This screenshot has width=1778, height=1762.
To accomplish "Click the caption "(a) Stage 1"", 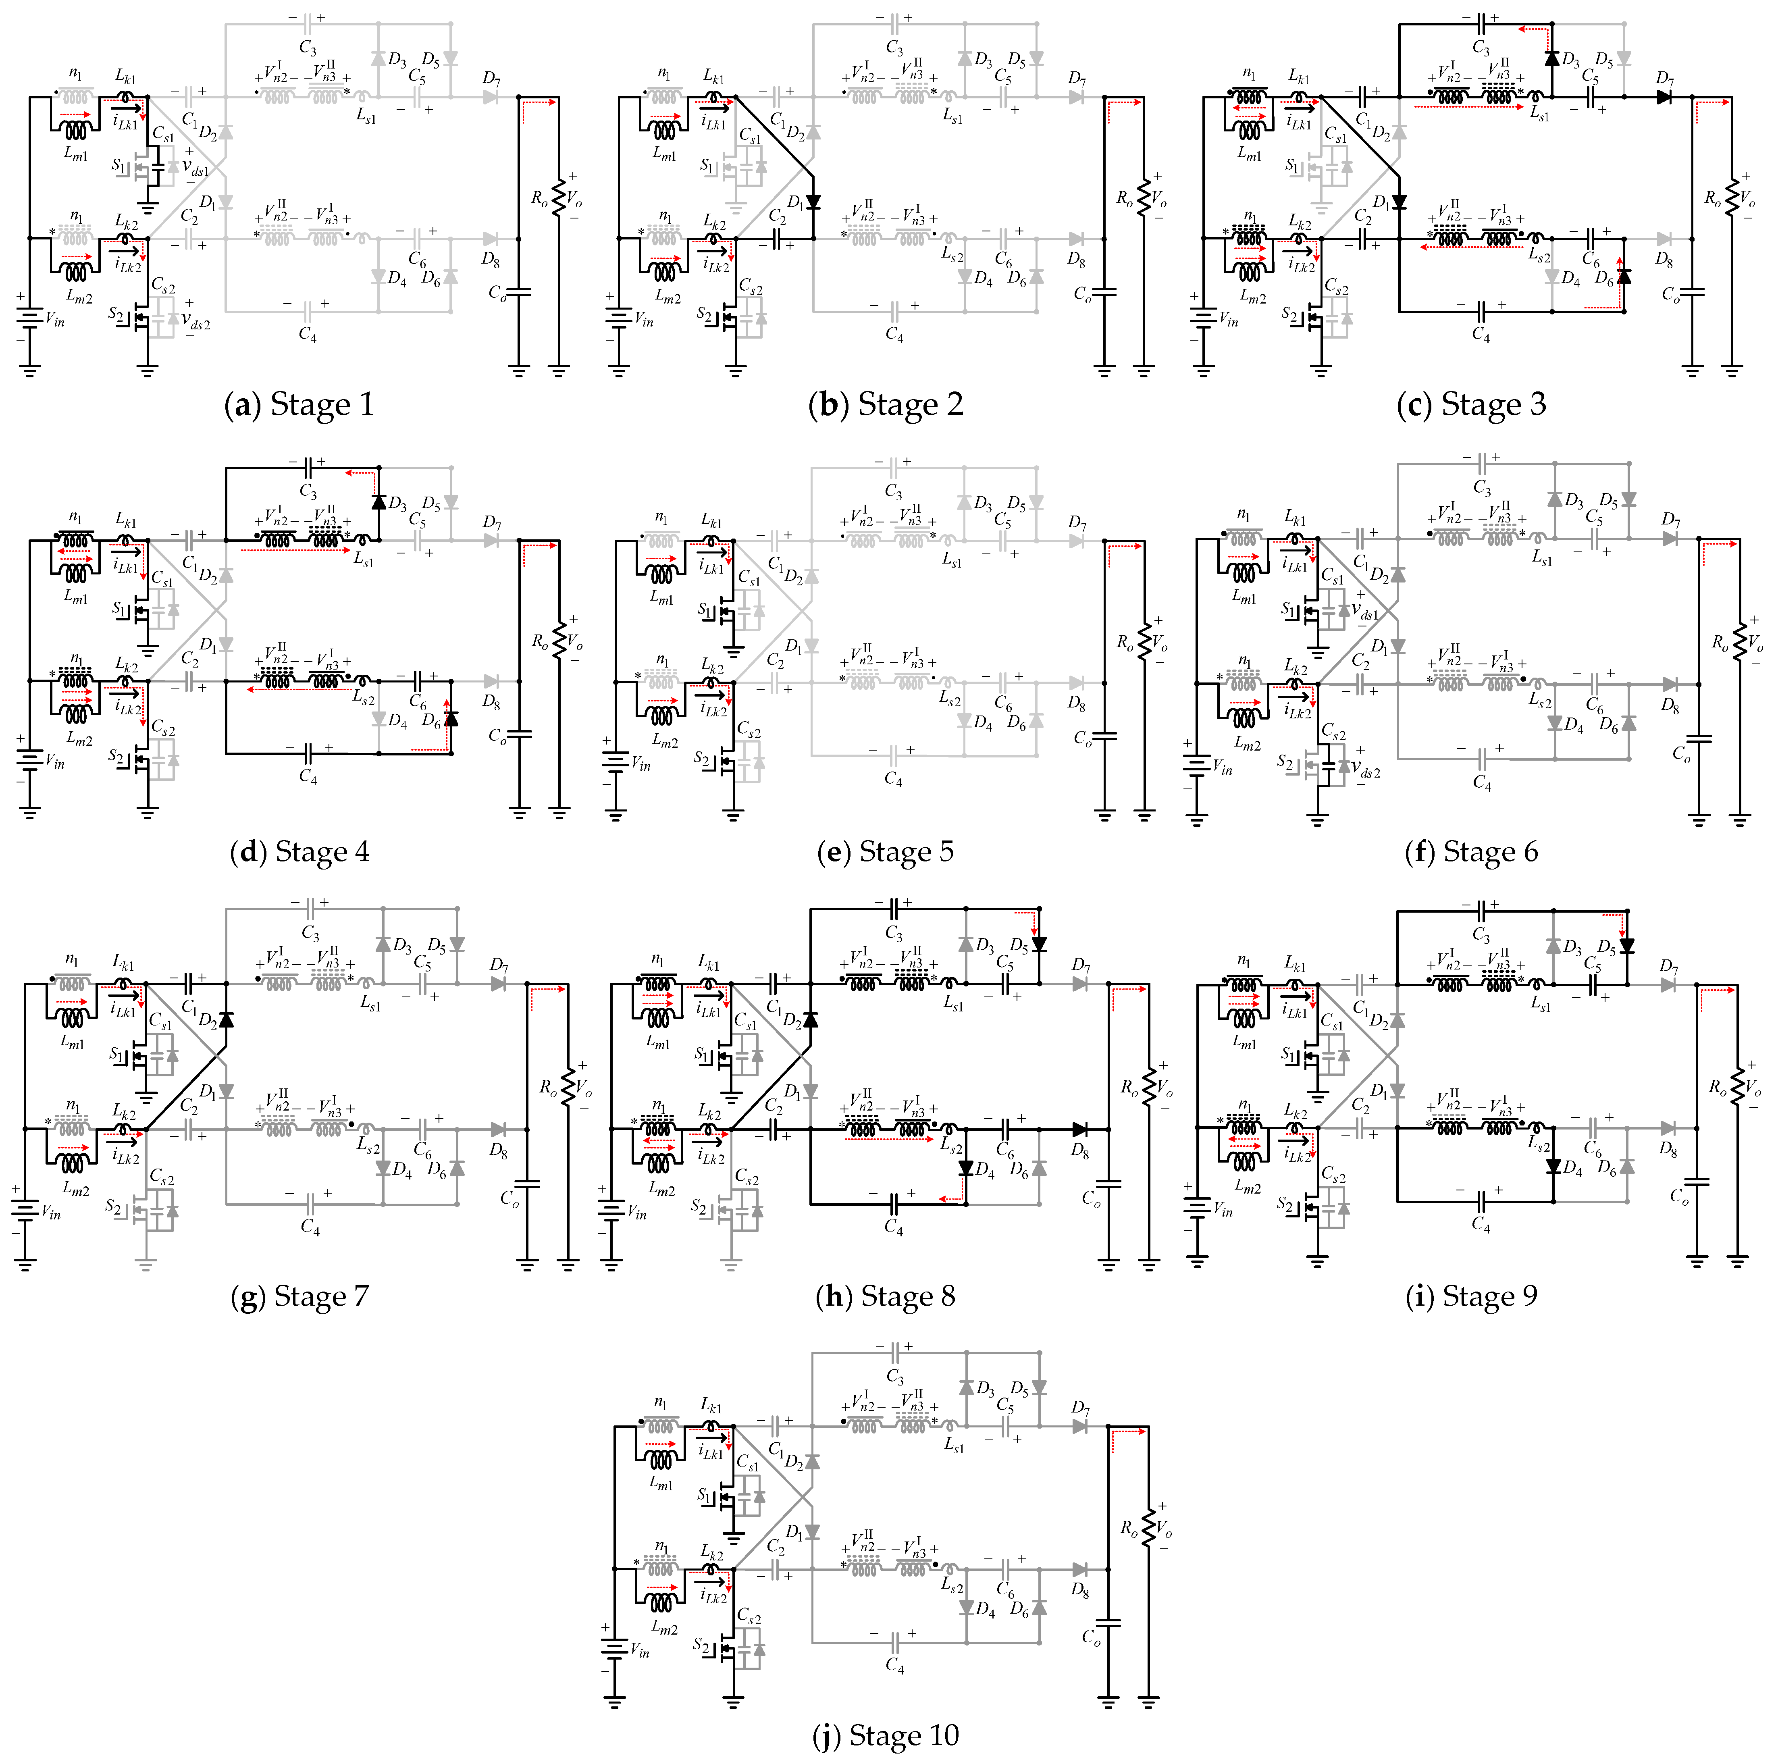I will tap(299, 405).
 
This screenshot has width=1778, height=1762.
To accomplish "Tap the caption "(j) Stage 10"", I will tap(885, 1735).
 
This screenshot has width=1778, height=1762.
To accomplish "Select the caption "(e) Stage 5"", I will tap(885, 851).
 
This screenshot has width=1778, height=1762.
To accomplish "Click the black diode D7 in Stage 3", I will tap(1663, 97).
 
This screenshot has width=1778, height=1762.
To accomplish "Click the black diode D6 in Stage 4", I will tap(451, 718).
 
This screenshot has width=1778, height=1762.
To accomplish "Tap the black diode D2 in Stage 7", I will tap(225, 1019).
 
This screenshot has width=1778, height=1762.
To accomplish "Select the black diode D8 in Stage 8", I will tap(1079, 1130).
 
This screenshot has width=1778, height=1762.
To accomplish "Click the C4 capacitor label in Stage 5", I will tap(894, 780).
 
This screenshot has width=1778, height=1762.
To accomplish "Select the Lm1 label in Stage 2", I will tap(663, 154).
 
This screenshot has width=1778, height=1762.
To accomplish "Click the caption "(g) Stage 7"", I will tap(299, 1296).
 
